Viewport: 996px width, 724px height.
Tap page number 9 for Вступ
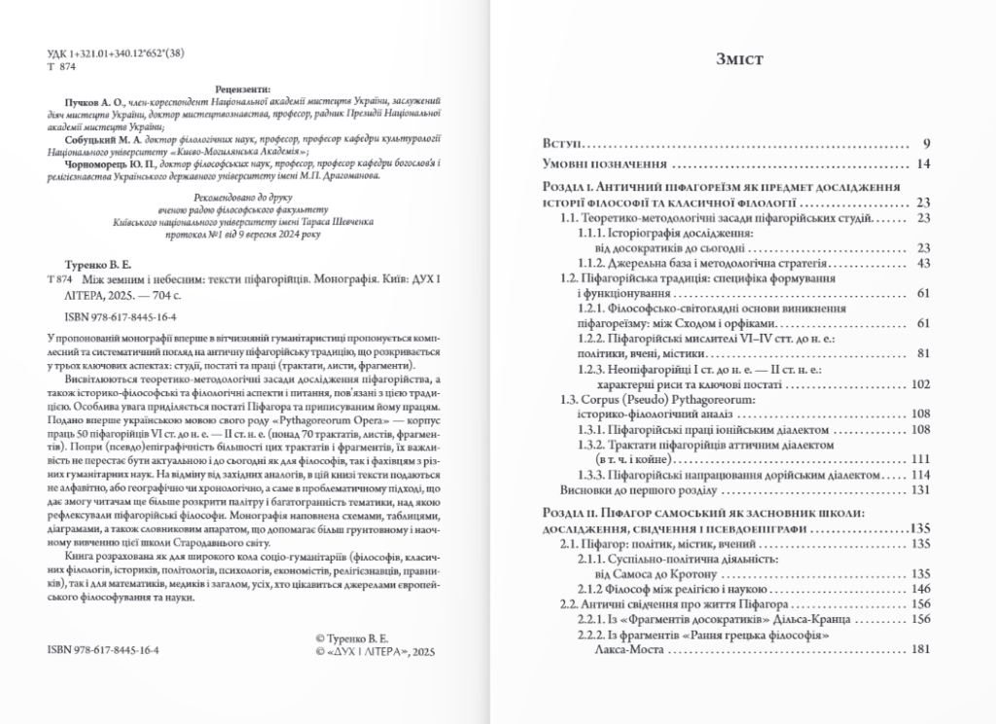(x=927, y=144)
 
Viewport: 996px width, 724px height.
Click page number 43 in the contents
(x=923, y=264)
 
